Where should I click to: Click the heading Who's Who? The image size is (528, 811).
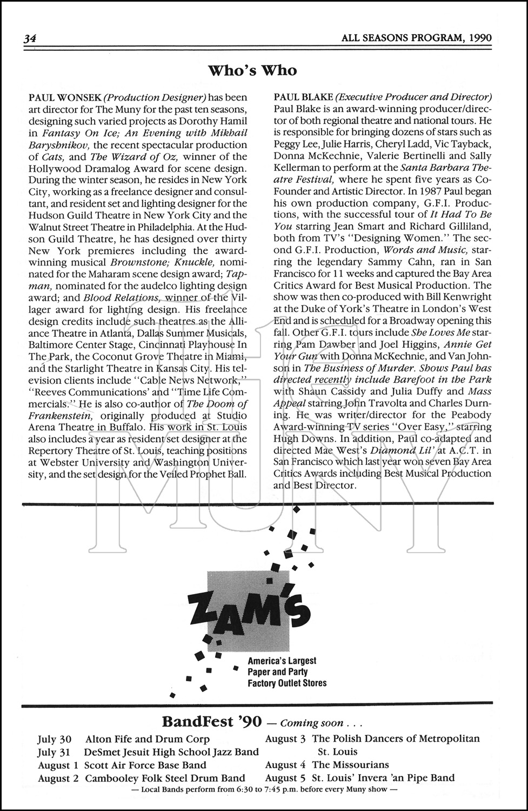(252, 70)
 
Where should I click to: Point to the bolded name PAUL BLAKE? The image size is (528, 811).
(303, 98)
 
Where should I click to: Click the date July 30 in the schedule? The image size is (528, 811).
(54, 739)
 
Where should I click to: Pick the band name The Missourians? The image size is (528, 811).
(350, 765)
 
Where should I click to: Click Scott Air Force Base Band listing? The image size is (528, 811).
(145, 765)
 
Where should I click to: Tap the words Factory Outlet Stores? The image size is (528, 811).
(287, 683)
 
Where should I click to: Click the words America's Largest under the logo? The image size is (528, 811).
(282, 661)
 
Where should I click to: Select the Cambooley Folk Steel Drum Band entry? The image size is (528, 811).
(165, 779)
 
